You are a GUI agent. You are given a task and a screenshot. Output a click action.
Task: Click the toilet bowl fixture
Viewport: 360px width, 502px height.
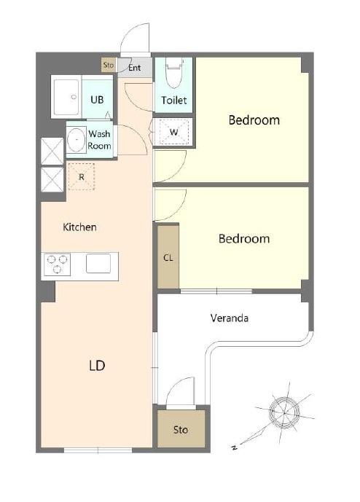pos(175,74)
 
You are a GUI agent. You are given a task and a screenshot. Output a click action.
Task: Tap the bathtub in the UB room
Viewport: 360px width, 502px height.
pos(66,97)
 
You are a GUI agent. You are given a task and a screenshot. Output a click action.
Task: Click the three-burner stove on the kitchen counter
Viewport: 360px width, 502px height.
pos(57,264)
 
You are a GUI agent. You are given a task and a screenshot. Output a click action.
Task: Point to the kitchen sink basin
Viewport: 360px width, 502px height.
pos(98,264)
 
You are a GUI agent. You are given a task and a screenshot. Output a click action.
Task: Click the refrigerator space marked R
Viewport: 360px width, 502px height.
pos(82,177)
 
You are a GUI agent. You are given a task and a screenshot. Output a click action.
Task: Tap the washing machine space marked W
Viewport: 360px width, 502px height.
pos(174,132)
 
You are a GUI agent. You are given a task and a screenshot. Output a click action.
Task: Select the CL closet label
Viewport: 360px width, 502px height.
pos(168,258)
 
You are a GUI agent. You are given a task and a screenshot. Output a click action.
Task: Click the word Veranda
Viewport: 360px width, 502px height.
pos(230,318)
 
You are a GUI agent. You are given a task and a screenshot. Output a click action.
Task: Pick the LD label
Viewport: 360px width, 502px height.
pos(97,365)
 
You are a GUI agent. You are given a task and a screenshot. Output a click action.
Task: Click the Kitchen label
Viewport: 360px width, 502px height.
pos(79,227)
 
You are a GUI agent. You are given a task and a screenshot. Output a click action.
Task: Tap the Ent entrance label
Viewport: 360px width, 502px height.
pos(135,68)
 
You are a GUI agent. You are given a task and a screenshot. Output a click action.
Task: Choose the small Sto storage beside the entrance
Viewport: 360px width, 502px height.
pos(109,65)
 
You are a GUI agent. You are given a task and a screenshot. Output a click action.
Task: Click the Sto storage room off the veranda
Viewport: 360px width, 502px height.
pos(181,429)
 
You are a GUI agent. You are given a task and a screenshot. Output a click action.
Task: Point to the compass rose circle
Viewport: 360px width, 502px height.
pos(284,412)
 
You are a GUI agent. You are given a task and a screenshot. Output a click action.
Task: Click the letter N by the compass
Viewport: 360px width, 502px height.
pos(235,447)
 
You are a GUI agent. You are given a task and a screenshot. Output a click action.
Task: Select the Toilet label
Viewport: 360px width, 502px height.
pos(174,101)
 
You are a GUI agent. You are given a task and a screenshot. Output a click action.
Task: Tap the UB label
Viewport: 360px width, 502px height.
pos(97,100)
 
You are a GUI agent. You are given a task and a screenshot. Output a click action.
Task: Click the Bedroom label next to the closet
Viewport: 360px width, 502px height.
pos(244,238)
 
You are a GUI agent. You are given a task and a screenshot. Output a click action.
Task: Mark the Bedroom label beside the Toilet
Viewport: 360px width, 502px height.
pos(254,120)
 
